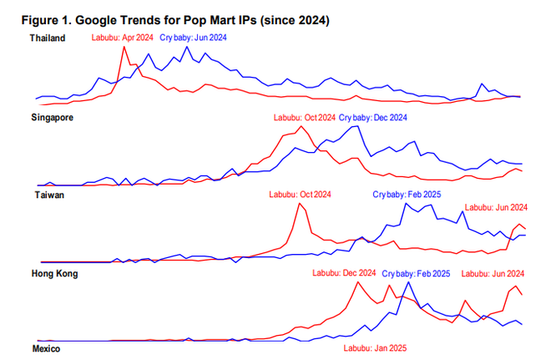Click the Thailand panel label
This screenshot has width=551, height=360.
pos(48,39)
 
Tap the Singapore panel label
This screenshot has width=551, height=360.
pos(52,118)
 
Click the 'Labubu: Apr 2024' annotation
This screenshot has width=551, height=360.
pos(122,38)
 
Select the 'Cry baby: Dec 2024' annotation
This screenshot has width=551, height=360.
pos(373,118)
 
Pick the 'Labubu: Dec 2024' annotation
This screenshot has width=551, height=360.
pos(344,273)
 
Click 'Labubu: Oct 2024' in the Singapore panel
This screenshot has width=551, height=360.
pos(304,118)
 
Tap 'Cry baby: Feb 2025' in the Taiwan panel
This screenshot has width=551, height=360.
pos(406,195)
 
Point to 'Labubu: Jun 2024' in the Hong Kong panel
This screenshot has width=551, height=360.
pos(493,273)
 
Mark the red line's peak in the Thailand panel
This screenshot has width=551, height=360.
pos(124,47)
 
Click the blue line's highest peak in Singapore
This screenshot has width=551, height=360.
pos(357,126)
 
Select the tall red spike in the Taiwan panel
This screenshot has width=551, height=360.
pos(298,204)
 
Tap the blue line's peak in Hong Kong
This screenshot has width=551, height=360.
pos(408,282)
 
